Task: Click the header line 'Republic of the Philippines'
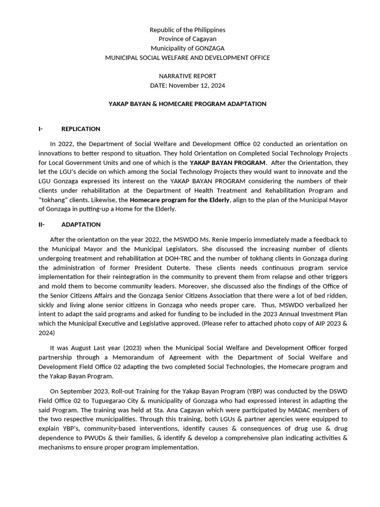pos(188,30)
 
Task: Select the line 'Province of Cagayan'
pos(188,39)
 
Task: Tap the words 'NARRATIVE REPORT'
pos(188,76)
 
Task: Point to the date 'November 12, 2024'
pos(197,86)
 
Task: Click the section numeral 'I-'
pos(41,129)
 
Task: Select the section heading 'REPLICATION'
pos(81,129)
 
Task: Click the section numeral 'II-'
pos(42,224)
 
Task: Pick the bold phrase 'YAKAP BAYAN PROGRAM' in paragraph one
pos(228,162)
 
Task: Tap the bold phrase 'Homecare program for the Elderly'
pos(180,200)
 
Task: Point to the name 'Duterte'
pos(190,268)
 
